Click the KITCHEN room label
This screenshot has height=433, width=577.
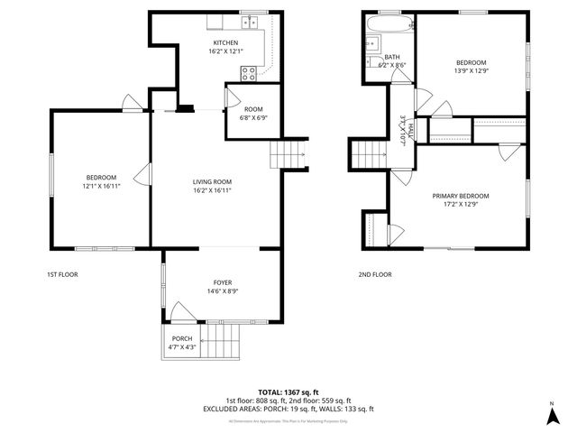tap(224, 43)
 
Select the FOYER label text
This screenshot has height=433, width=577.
tap(222, 282)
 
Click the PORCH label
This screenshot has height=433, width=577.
tap(181, 339)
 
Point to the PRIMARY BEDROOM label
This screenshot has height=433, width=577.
tap(460, 196)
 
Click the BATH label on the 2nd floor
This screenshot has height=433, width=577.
tap(392, 57)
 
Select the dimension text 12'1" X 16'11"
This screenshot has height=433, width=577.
tap(101, 186)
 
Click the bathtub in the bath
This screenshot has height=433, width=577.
tap(393, 22)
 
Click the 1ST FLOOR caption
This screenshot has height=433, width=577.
tap(62, 274)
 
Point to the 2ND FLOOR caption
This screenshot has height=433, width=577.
tap(374, 274)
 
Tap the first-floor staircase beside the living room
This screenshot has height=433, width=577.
tap(287, 154)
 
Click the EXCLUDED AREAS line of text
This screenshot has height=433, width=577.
tap(288, 408)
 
